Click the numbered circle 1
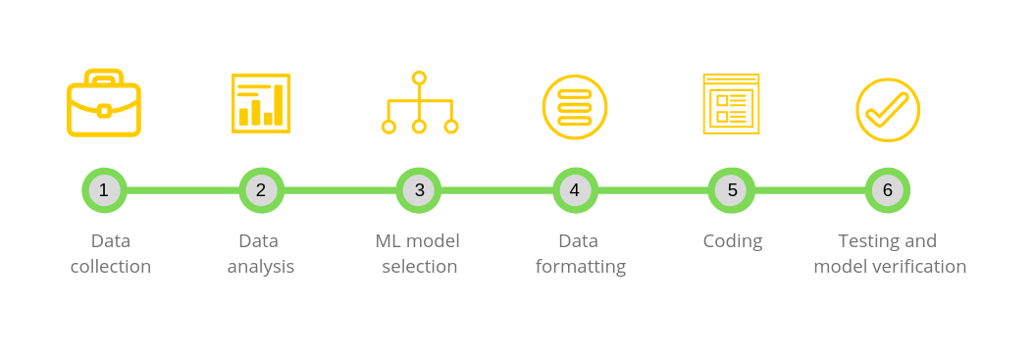point(104,190)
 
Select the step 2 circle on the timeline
point(261,190)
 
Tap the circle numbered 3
point(419,190)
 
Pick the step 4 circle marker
point(575,190)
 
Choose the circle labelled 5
point(732,190)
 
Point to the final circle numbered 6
point(888,190)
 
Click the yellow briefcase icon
point(104,103)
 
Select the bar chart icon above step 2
point(261,102)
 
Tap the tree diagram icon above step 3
point(419,103)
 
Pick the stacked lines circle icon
point(575,107)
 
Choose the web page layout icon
point(731,104)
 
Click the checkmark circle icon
point(888,110)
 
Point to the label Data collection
point(111,253)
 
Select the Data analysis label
point(260,253)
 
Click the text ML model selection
point(419,253)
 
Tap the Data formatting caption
point(580,253)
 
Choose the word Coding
point(732,241)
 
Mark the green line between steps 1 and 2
point(182,190)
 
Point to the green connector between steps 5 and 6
point(810,190)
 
